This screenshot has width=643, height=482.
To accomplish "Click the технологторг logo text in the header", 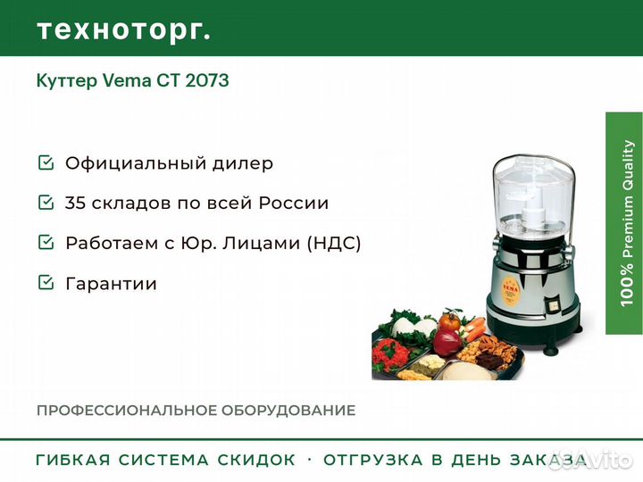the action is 124,30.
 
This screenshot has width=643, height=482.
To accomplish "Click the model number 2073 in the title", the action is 207,80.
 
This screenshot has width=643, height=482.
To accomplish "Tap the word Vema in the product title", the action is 127,80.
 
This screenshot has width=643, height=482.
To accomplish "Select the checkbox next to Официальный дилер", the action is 46,162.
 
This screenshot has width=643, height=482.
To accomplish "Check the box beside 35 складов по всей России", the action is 46,202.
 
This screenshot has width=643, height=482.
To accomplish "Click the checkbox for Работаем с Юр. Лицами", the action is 46,242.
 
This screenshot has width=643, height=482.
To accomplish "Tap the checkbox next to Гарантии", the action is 46,282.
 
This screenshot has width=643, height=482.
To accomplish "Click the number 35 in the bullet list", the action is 75,203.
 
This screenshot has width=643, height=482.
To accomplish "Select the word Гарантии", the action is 111,284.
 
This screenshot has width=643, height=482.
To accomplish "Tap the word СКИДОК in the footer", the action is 256,460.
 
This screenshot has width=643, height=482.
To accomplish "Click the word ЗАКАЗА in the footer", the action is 548,460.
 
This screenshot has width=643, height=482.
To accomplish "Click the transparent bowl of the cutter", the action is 534,195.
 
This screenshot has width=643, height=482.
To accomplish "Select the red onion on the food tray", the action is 447,343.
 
